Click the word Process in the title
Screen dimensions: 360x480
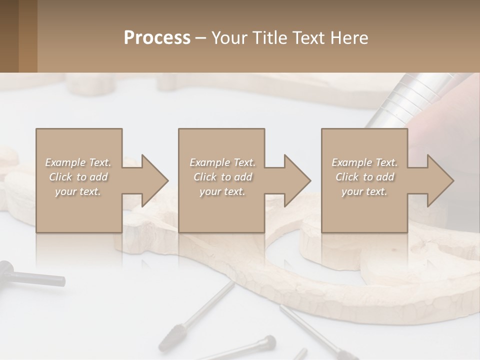pos(157,38)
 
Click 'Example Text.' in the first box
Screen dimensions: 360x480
pos(78,162)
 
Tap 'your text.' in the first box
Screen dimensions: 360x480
pos(78,191)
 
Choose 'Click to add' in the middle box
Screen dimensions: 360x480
pos(222,177)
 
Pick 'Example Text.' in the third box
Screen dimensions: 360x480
pos(364,162)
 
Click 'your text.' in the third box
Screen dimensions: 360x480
pos(364,191)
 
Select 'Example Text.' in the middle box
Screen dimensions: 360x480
pos(222,162)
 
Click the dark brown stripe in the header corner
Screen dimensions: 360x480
pos(9,36)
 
